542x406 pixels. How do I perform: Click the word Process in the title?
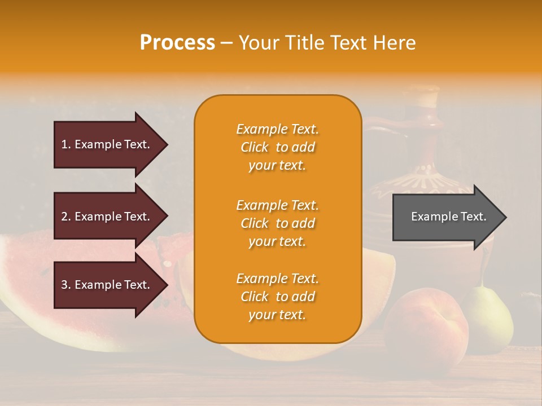pyautogui.click(x=177, y=43)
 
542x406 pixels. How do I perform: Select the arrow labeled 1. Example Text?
pyautogui.click(x=107, y=144)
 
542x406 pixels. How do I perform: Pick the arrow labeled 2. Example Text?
pyautogui.click(x=107, y=217)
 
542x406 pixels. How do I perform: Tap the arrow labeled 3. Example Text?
pyautogui.click(x=107, y=285)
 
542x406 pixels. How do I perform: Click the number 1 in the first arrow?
pyautogui.click(x=64, y=144)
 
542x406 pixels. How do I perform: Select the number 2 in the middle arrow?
pyautogui.click(x=64, y=217)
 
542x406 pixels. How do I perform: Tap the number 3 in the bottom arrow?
pyautogui.click(x=64, y=285)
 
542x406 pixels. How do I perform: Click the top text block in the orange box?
pyautogui.click(x=277, y=147)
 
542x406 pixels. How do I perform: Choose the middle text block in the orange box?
pyautogui.click(x=277, y=223)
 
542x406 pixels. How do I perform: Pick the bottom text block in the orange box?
pyautogui.click(x=277, y=297)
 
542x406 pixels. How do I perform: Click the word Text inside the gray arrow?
pyautogui.click(x=474, y=217)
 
